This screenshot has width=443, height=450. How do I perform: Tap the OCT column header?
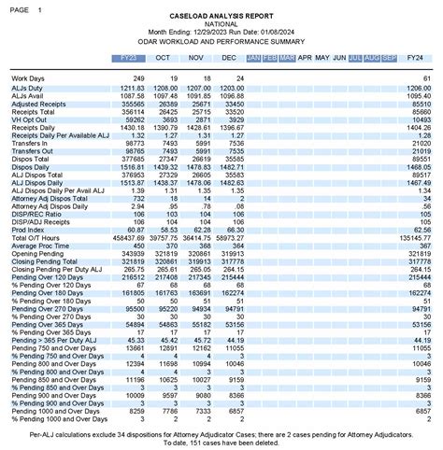(x=164, y=58)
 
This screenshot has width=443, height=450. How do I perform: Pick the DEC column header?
(x=229, y=58)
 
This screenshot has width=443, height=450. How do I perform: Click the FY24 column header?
(x=417, y=58)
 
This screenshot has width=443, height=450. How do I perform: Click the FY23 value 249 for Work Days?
(x=136, y=78)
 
